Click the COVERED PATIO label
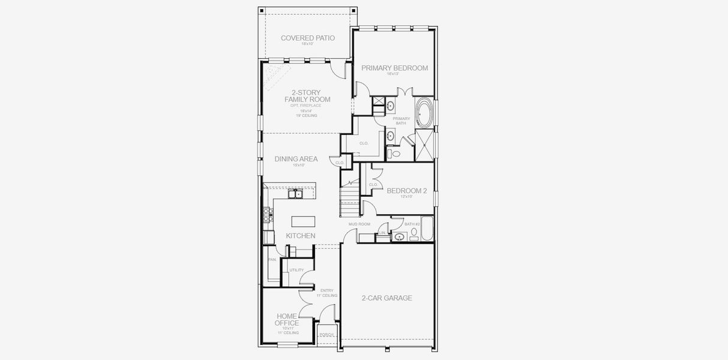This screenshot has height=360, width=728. [307, 38]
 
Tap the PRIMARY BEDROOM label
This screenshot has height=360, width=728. [394, 68]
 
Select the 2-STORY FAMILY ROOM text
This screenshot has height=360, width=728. [307, 96]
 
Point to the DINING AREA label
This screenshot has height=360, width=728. [296, 159]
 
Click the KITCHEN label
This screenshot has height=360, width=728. [300, 236]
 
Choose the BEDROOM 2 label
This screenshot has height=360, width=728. [406, 191]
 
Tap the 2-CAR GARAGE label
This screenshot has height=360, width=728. [387, 298]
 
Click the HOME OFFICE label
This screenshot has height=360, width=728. [287, 319]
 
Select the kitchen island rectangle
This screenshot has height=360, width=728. [302, 220]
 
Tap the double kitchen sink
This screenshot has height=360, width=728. [295, 193]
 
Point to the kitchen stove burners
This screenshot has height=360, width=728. [268, 214]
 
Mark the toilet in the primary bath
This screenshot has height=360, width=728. [394, 154]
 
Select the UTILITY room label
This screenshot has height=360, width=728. [296, 270]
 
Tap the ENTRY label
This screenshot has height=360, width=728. [326, 290]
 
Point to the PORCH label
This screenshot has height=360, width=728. [326, 335]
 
